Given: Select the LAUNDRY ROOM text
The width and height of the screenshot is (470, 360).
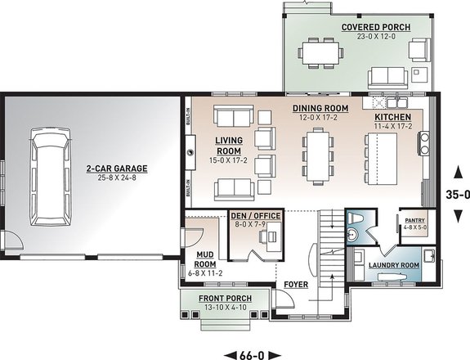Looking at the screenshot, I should tap(393, 265).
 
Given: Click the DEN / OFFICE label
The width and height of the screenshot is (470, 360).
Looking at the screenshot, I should tap(255, 215).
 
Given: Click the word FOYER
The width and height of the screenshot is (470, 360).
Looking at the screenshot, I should tap(295, 286).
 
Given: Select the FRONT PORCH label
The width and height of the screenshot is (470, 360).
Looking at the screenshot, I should tap(225, 298).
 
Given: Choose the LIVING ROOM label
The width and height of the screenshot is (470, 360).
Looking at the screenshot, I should tap(229, 145).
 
